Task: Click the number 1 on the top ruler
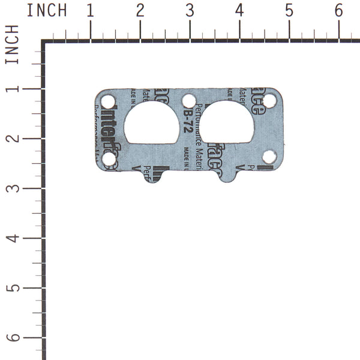tap(90, 10)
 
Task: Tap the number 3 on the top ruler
tap(190, 10)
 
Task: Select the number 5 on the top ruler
tap(289, 10)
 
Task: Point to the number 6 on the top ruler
tap(339, 10)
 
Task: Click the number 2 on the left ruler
tap(11, 139)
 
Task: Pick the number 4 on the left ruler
tap(11, 238)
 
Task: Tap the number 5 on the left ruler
tap(11, 288)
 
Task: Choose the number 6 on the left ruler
tap(11, 338)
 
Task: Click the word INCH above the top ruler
tap(47, 10)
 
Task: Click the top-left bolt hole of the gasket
tap(108, 101)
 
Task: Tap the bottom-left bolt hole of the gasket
tap(109, 159)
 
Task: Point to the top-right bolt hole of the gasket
tap(269, 100)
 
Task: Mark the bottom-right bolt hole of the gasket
tap(269, 157)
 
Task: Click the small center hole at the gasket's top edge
tap(189, 100)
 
